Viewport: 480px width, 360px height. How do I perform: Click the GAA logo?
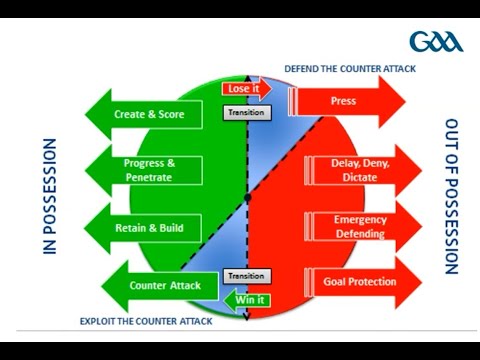[x=436, y=43]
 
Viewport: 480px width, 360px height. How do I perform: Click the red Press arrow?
[x=346, y=101]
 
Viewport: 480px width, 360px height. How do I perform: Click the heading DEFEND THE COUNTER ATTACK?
[x=349, y=68]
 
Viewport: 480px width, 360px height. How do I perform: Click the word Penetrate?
[x=150, y=177]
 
